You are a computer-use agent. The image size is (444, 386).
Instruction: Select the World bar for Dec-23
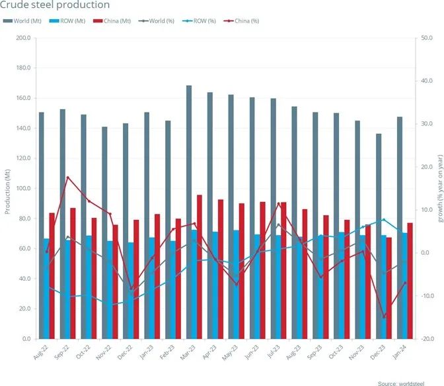pyautogui.click(x=379, y=236)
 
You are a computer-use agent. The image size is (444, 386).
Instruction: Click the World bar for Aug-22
pyautogui.click(x=42, y=225)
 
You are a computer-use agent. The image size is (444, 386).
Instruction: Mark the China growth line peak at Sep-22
pyautogui.click(x=68, y=177)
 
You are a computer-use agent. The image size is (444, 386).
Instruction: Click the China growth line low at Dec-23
pyautogui.click(x=385, y=317)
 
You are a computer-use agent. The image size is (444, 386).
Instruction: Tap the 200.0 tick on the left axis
pyautogui.click(x=22, y=38)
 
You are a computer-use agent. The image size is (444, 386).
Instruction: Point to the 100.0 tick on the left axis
pyautogui.click(x=22, y=189)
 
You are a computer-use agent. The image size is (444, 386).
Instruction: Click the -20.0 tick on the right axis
pyautogui.click(x=428, y=339)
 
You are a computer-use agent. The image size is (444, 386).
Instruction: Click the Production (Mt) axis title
pyautogui.click(x=7, y=189)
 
